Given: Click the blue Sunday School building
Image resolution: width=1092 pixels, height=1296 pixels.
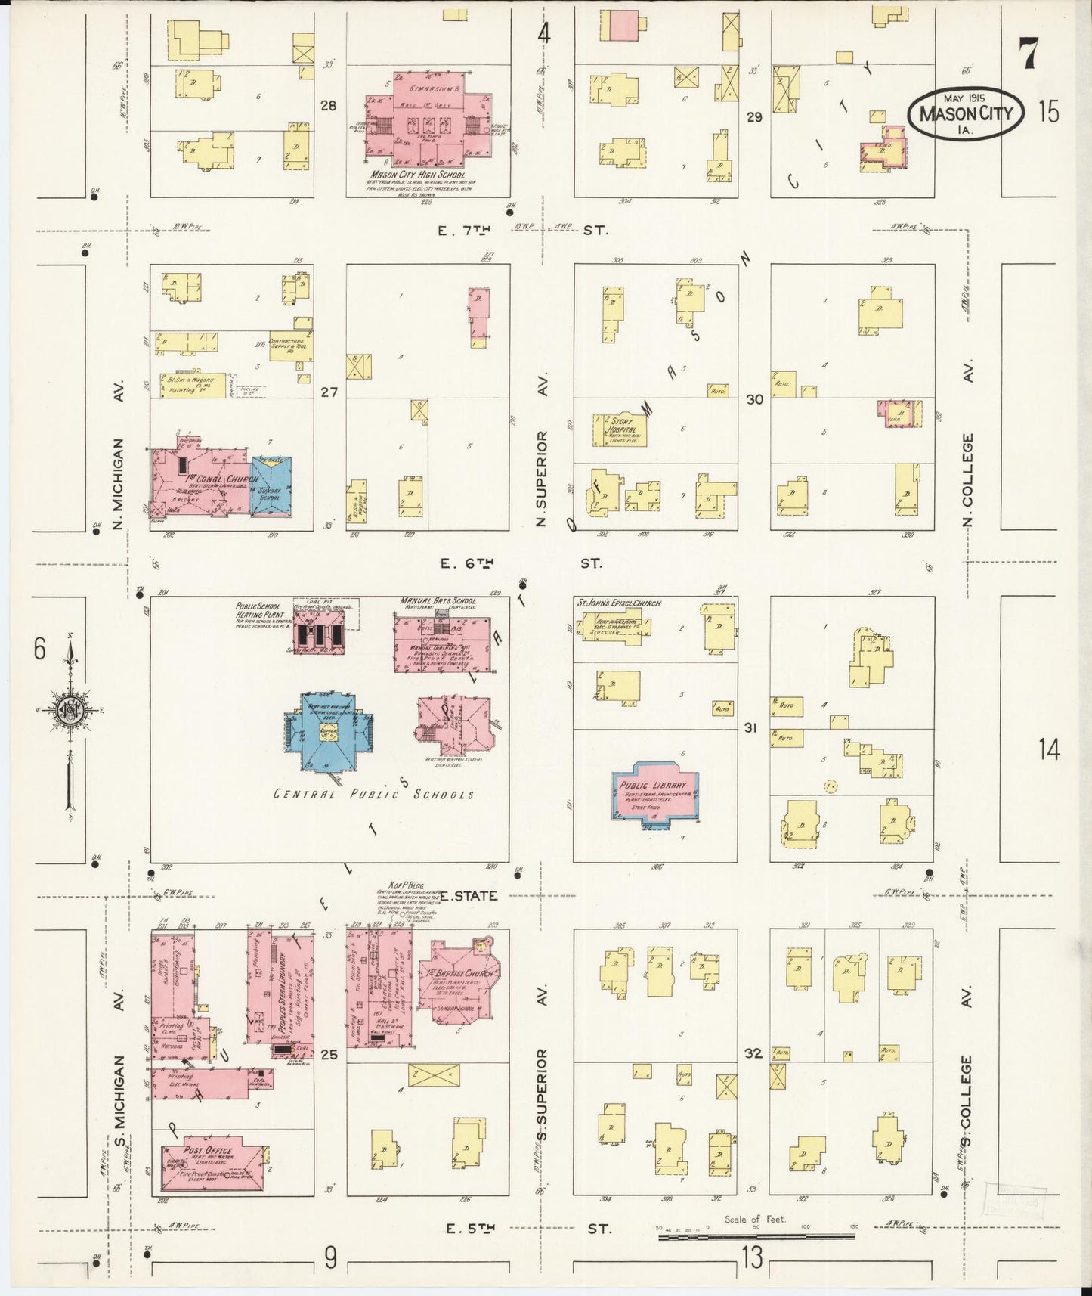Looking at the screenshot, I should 271,487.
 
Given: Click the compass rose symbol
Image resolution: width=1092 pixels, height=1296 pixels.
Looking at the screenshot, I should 70,711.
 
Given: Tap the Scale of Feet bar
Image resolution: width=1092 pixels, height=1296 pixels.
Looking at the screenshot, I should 755,1237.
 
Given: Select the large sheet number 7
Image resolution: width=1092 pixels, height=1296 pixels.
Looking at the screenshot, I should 1028,53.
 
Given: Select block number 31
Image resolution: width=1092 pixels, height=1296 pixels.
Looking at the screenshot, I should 750,728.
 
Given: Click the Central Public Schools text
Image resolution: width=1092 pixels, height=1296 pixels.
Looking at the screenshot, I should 373,795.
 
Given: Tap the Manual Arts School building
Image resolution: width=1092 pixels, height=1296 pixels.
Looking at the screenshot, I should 441,643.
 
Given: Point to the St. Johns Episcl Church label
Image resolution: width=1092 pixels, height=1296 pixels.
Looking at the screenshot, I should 618,603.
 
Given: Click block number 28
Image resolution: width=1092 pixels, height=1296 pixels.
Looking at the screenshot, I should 328,106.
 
